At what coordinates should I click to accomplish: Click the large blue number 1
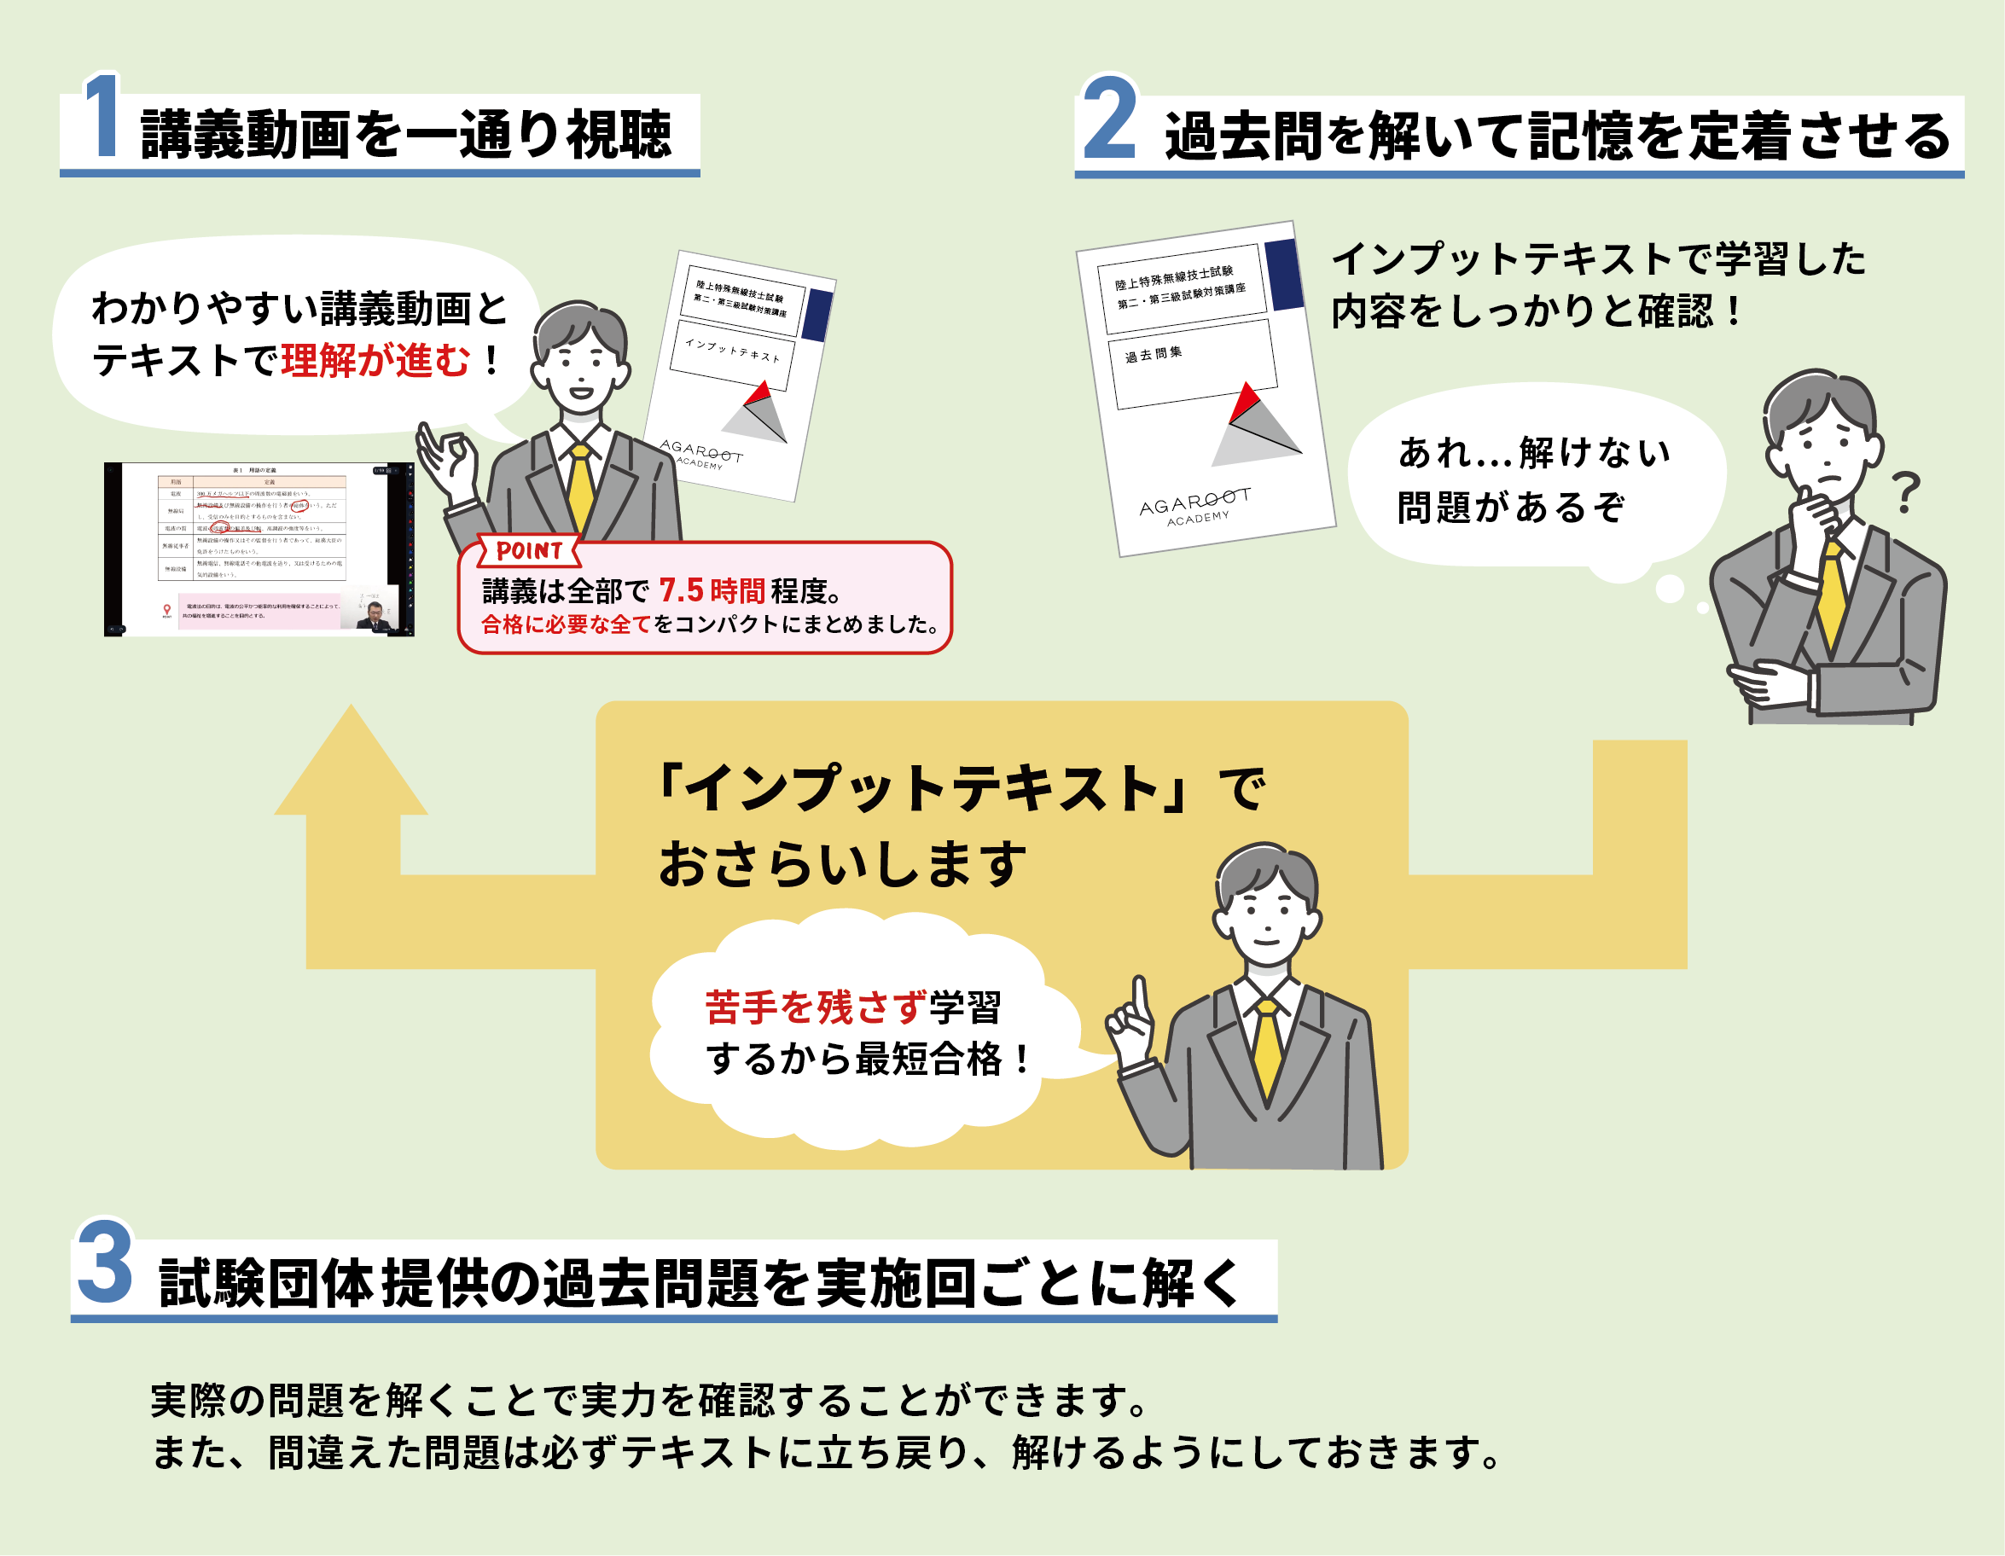(103, 117)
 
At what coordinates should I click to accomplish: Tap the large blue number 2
(1109, 119)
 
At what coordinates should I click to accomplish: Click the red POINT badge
(529, 551)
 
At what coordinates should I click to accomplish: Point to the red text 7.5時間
(712, 590)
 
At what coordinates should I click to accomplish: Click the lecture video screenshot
(259, 549)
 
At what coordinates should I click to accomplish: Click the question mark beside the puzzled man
(1906, 492)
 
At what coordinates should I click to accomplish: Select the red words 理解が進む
(375, 360)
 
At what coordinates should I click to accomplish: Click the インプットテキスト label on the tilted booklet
(732, 350)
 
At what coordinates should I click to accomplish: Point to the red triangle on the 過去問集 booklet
(1244, 402)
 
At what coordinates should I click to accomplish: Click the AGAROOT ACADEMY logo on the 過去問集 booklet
(1195, 507)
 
